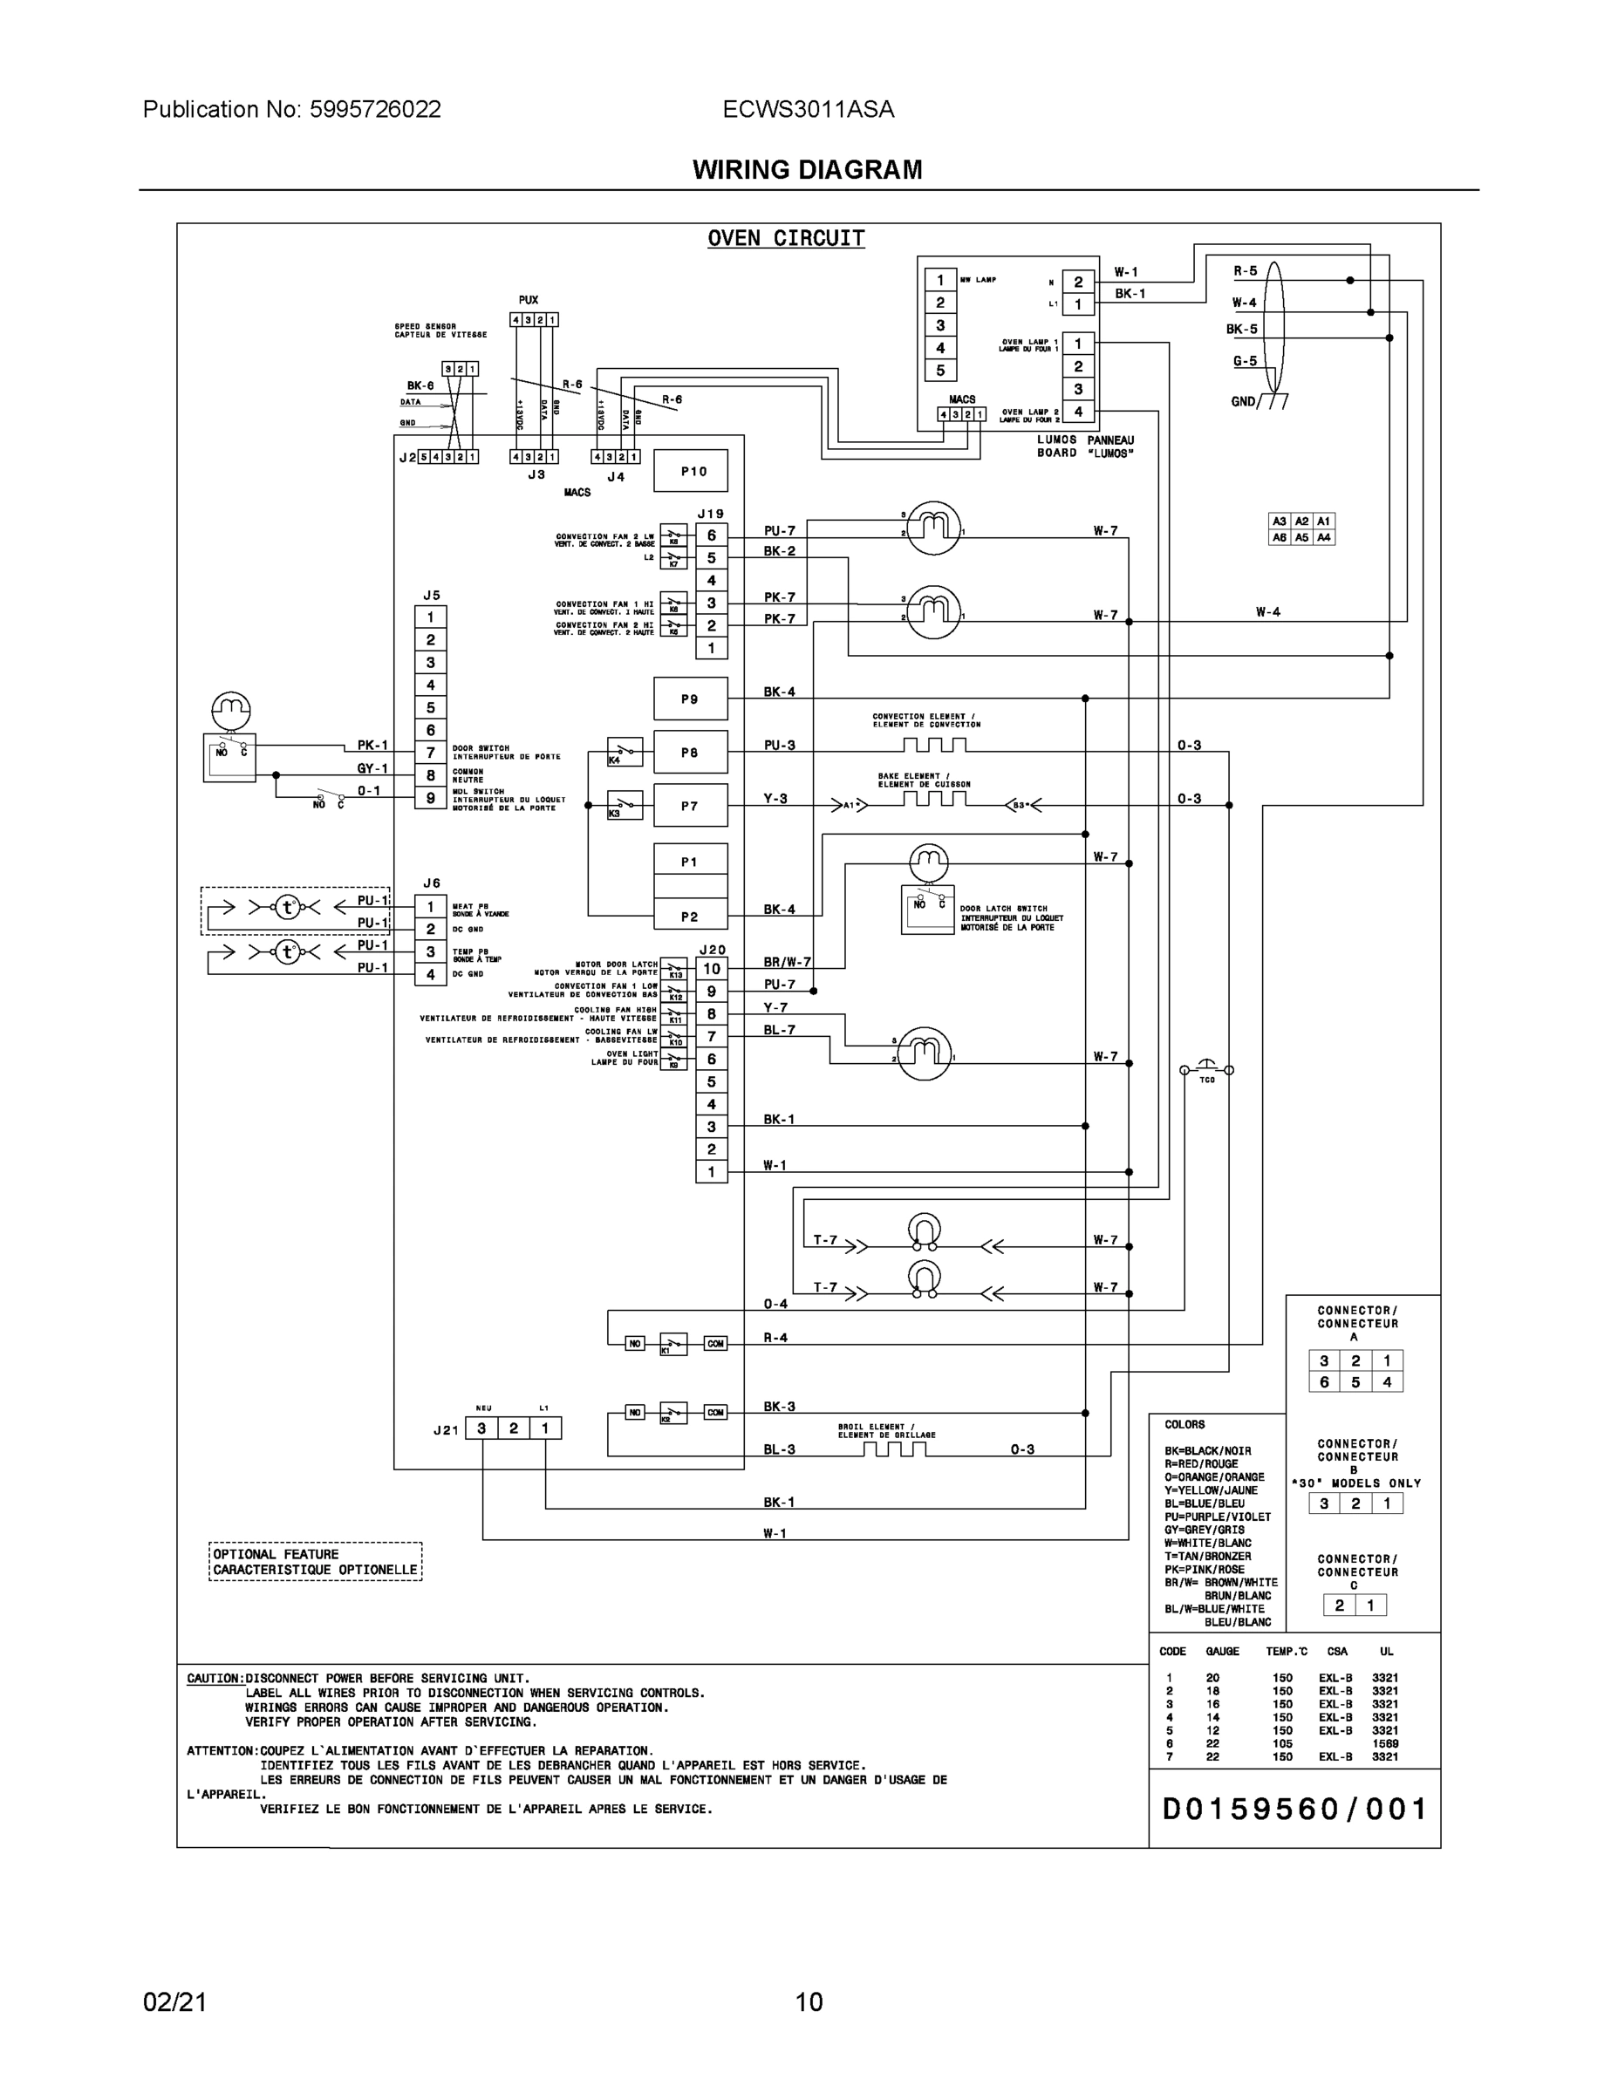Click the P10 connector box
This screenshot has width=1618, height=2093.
point(690,472)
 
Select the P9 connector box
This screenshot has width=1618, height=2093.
point(690,699)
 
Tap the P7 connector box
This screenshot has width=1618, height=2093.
point(690,806)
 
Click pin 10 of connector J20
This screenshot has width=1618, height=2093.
point(711,968)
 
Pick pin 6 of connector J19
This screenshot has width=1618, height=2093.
point(711,535)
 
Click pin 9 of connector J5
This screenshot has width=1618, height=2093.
point(430,797)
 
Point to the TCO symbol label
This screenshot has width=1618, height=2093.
point(1207,1080)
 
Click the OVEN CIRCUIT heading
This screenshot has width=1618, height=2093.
point(786,239)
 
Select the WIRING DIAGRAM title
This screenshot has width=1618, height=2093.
point(807,170)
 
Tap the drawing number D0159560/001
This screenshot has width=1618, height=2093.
point(1294,1810)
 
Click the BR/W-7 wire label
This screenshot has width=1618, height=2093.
point(786,961)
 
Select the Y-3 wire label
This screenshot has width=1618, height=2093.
point(775,798)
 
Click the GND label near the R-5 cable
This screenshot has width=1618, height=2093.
point(1243,401)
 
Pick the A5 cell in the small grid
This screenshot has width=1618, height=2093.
point(1301,537)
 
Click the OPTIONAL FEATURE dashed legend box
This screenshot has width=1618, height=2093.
point(316,1561)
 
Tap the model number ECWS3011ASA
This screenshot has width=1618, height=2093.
point(808,109)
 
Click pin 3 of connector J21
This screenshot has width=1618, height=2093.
point(481,1428)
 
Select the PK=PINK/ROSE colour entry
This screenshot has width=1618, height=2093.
point(1204,1569)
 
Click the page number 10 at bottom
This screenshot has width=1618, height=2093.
point(808,2002)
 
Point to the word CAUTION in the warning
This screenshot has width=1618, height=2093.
point(214,1678)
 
